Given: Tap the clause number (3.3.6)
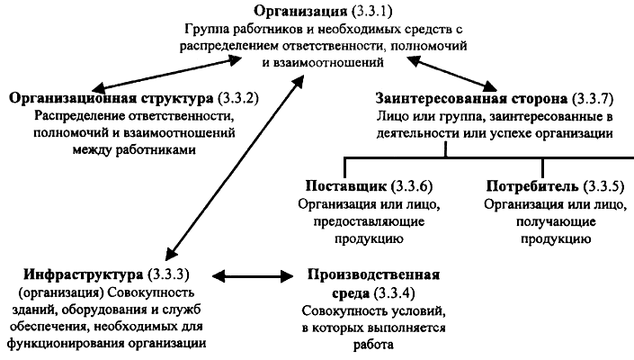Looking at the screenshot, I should pyautogui.click(x=412, y=187).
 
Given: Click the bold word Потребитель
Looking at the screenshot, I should pyautogui.click(x=531, y=187).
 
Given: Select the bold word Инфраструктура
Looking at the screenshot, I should pyautogui.click(x=79, y=273).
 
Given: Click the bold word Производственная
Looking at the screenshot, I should pyautogui.click(x=372, y=273).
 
